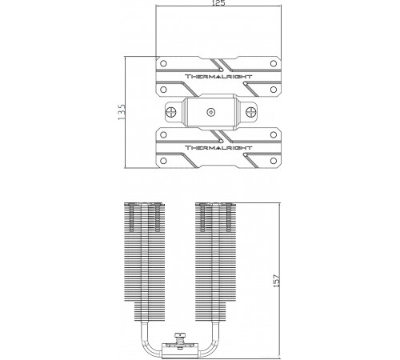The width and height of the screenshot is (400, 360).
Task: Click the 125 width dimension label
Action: [x=218, y=3]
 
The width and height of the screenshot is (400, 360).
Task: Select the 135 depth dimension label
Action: [x=122, y=112]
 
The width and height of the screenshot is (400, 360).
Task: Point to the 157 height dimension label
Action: [x=277, y=281]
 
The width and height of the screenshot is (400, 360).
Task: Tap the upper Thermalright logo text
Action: [x=218, y=77]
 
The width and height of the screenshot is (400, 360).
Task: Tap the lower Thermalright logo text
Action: [x=218, y=148]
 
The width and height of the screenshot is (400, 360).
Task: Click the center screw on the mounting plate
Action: [x=211, y=112]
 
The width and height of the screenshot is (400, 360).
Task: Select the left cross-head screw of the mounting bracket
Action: [x=171, y=112]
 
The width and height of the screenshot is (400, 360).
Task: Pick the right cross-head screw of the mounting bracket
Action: [x=250, y=112]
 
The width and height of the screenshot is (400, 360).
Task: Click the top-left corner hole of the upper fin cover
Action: [x=163, y=63]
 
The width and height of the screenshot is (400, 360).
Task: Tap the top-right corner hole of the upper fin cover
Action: [x=274, y=63]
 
